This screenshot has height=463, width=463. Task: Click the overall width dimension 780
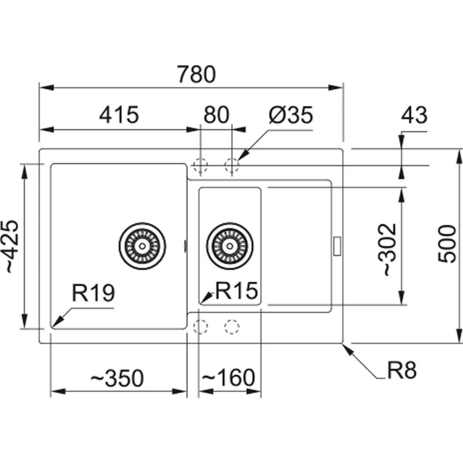[x=196, y=74]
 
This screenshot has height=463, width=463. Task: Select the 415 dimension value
[x=119, y=115]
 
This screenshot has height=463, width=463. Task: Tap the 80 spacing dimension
[x=216, y=115]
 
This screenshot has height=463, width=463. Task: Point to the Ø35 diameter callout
[x=292, y=115]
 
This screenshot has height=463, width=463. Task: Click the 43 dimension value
[x=414, y=115]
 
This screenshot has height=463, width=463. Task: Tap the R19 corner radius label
[x=93, y=293]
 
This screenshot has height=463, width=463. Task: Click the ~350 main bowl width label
[x=117, y=378]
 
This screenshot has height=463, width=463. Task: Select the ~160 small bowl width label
[x=229, y=378]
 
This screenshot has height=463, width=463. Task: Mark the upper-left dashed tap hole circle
[x=200, y=165]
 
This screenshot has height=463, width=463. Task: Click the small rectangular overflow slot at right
[x=336, y=245]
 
